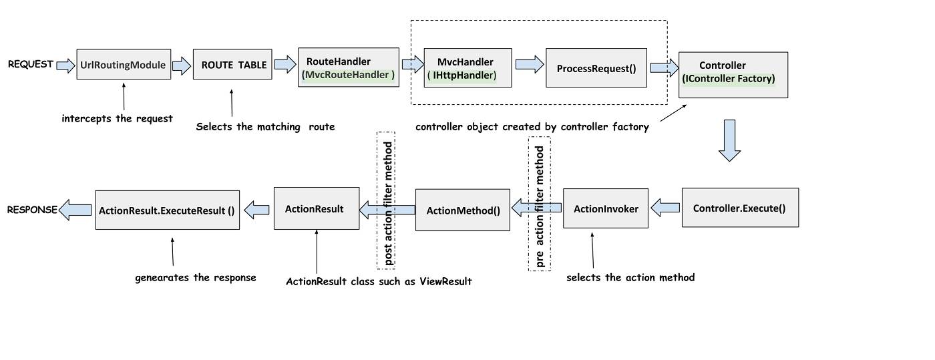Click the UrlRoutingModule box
[124, 65]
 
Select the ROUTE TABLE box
[232, 65]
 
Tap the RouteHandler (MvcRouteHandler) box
[348, 67]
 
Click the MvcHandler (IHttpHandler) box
[461, 67]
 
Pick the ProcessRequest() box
[596, 67]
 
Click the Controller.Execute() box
[739, 208]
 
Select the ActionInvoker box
[605, 208]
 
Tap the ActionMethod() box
[463, 210]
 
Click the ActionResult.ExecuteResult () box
[167, 210]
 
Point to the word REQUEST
[30, 64]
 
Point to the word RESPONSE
[31, 210]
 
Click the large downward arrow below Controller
[731, 140]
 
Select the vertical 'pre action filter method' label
[540, 204]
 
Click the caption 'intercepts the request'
[117, 118]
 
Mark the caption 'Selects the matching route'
[264, 126]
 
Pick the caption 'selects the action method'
[630, 277]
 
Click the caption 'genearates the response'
[195, 277]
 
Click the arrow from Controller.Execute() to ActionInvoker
[665, 208]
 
